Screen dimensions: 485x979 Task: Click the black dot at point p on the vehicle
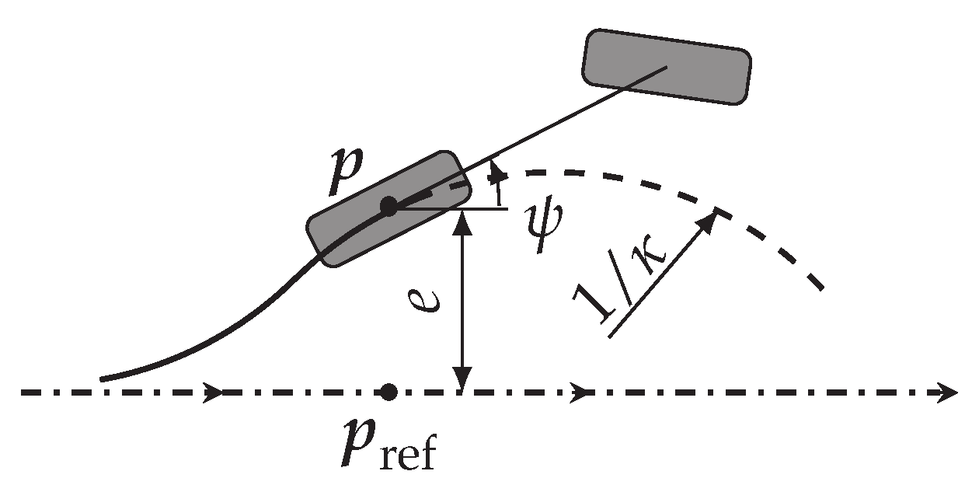click(x=388, y=207)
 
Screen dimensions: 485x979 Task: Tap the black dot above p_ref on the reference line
click(x=389, y=392)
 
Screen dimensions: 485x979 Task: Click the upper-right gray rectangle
click(x=667, y=66)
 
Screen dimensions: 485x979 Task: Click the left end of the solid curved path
click(x=103, y=379)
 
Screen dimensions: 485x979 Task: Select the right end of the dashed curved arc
click(x=820, y=288)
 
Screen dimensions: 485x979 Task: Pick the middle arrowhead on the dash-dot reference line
click(x=579, y=393)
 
